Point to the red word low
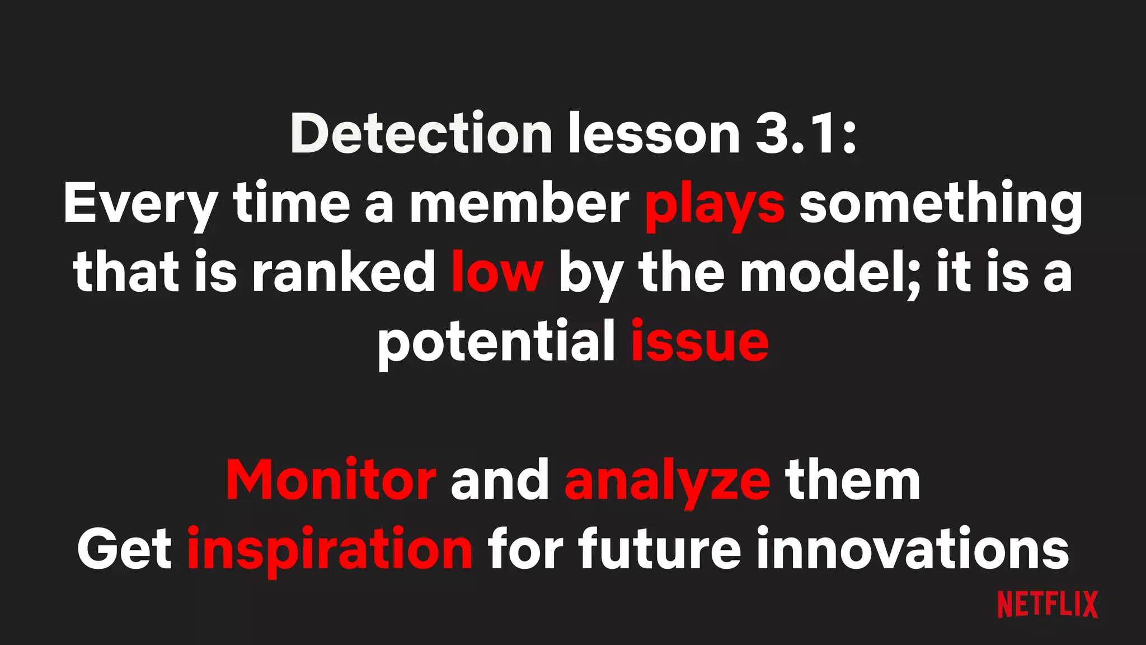pos(497,273)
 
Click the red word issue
pos(699,342)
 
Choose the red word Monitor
pos(331,480)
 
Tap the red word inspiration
pos(330,550)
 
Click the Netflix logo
pos(1048,605)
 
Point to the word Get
pos(124,550)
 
